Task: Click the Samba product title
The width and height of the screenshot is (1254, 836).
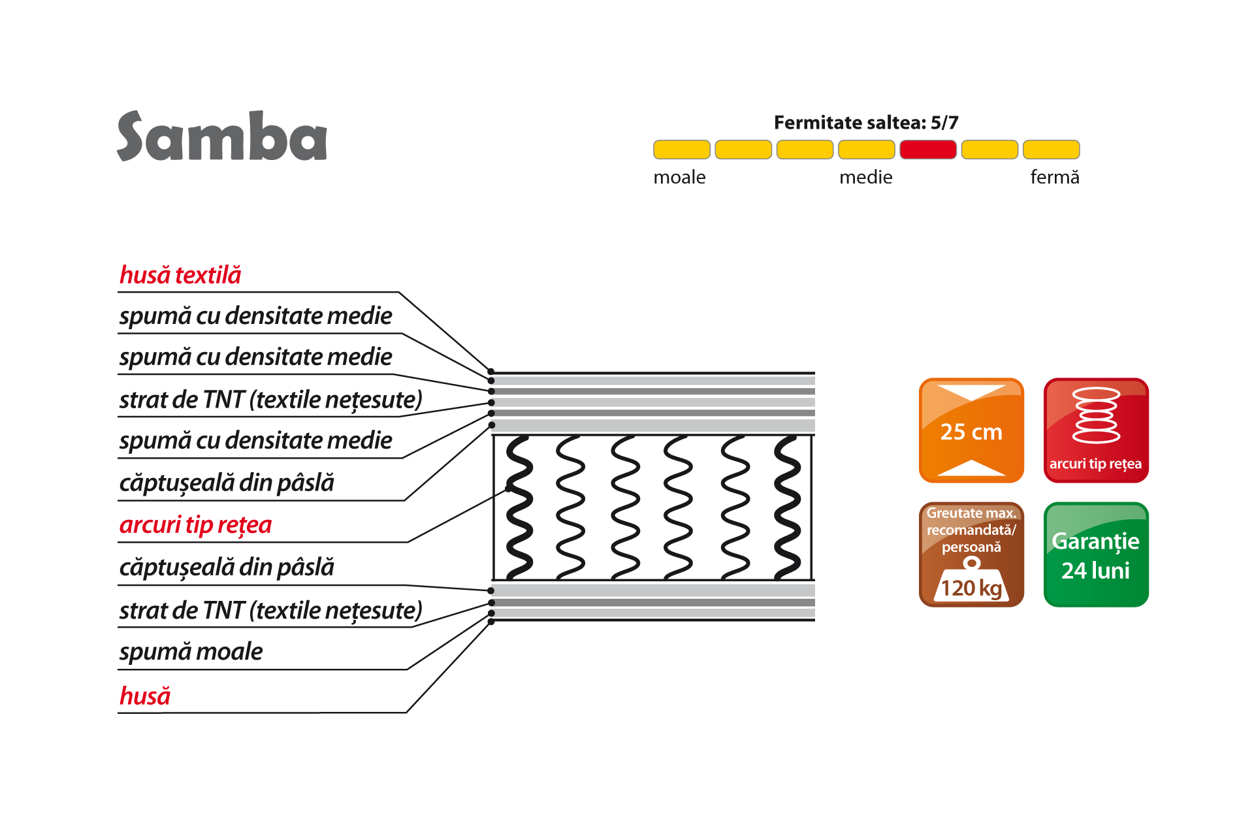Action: (222, 137)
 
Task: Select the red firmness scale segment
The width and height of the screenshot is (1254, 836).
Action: (927, 150)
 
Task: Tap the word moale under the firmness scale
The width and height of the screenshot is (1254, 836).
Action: (679, 178)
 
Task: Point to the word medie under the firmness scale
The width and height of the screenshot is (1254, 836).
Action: (865, 178)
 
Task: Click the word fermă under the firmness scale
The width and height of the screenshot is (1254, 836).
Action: (1054, 178)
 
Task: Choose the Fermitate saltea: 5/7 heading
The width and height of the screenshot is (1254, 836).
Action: (865, 123)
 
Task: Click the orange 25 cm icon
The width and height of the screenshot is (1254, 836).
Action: (971, 430)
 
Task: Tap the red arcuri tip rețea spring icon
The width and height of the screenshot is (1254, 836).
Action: (1096, 430)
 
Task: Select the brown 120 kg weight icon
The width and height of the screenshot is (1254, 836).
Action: (971, 555)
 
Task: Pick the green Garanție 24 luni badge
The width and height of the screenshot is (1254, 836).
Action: (1096, 555)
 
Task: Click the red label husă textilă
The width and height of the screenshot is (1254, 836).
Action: (180, 276)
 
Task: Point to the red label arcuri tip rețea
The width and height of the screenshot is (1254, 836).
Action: (195, 525)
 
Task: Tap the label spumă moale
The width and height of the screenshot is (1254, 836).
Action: (191, 652)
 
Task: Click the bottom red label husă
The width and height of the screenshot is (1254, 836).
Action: (145, 696)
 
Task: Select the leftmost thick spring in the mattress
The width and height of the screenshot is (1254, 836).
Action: (520, 507)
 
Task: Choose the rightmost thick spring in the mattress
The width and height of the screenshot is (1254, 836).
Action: (787, 507)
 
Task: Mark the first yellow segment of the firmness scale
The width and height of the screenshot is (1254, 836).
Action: (681, 150)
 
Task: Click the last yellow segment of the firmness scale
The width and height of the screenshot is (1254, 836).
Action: (1051, 150)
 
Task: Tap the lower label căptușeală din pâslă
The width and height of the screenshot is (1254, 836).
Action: (227, 568)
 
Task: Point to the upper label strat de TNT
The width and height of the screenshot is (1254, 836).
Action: (270, 400)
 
